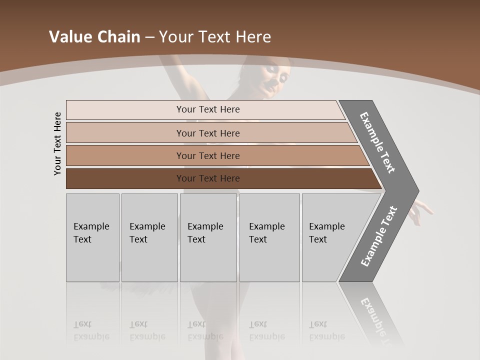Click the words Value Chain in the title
pos(94,37)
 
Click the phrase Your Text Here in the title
pos(215,37)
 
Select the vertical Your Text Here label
pos(57,144)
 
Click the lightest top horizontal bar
pos(208,109)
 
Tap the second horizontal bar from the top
pos(208,133)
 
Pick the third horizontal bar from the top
pos(208,155)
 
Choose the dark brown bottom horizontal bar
pos(208,178)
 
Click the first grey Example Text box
pos(92,237)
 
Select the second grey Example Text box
pos(149,237)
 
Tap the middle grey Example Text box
pos(208,237)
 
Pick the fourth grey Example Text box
pos(269,237)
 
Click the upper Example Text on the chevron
pos(377,142)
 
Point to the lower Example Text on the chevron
pos(379,236)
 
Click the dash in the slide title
pos(149,37)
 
